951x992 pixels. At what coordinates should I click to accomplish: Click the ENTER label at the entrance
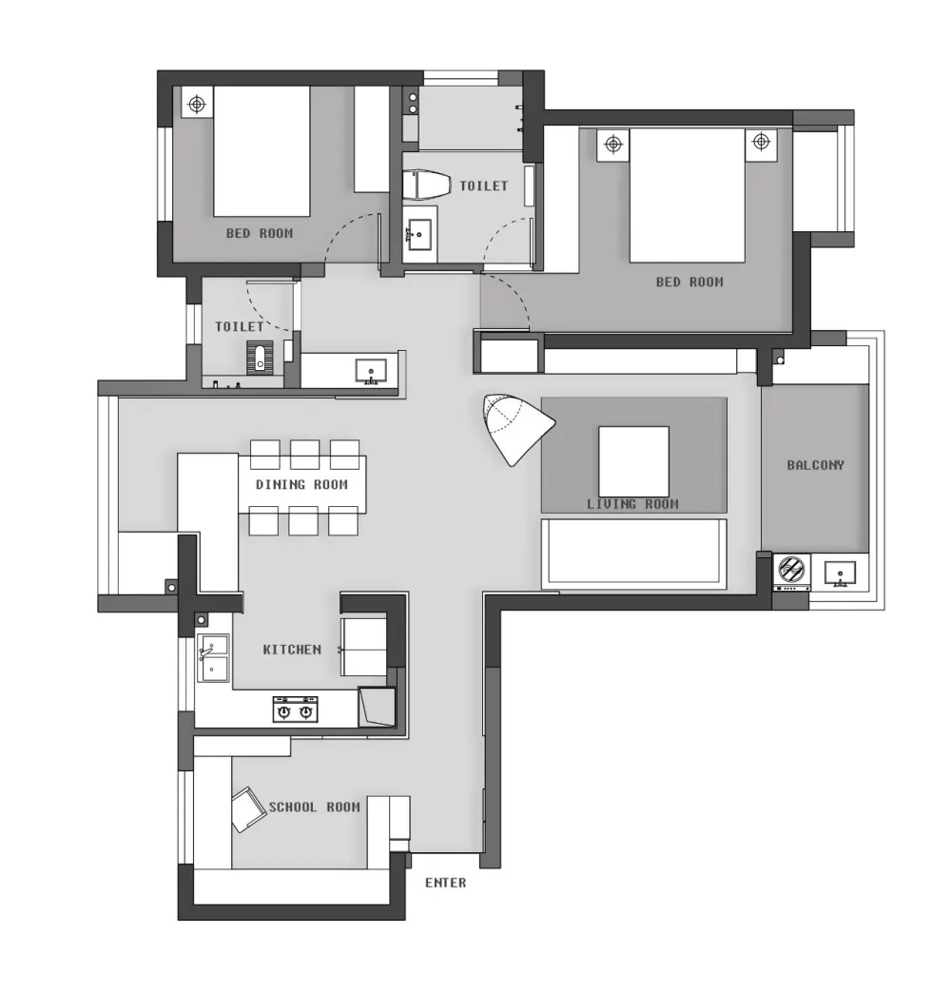[445, 883]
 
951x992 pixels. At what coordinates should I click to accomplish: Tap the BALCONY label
[815, 465]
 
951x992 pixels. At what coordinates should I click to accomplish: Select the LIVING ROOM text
[632, 503]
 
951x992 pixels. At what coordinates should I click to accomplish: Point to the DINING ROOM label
[301, 485]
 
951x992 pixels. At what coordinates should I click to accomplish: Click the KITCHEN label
[292, 649]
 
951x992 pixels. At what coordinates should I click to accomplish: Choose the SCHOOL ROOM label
[315, 807]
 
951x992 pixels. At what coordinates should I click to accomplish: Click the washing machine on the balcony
[791, 572]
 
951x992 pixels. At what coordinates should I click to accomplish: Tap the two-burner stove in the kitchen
[296, 710]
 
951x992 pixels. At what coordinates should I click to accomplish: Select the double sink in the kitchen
[213, 658]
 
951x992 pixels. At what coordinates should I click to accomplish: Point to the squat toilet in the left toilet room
[260, 358]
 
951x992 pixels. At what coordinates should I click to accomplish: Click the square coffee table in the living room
[633, 461]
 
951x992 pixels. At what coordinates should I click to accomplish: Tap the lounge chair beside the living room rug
[515, 427]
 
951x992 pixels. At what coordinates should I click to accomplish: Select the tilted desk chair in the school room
[248, 809]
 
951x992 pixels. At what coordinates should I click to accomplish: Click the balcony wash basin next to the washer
[841, 574]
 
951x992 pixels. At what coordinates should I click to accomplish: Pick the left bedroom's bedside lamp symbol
[198, 103]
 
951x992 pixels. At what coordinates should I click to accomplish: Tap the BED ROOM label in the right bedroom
[689, 282]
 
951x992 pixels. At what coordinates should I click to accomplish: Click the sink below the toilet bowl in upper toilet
[418, 234]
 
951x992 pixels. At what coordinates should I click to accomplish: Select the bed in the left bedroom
[262, 150]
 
